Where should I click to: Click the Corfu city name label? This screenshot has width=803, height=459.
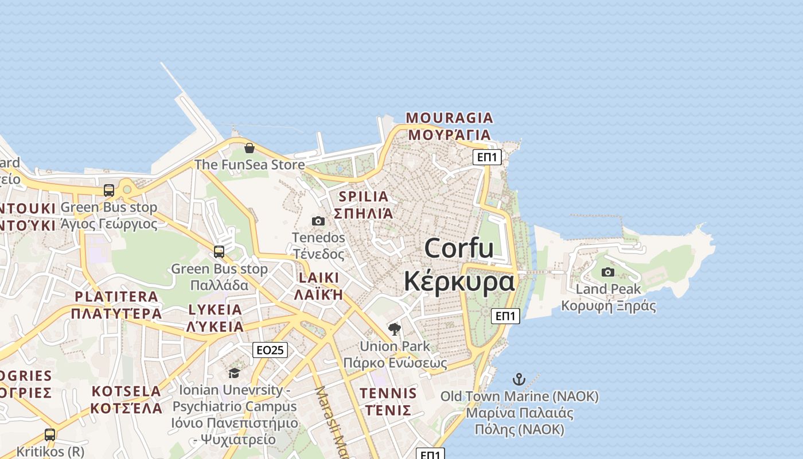point(459,248)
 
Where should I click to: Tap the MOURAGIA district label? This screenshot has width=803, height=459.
point(449,118)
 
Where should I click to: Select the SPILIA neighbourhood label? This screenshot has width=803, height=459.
point(364,196)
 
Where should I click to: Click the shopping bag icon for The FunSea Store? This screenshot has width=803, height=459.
point(250,148)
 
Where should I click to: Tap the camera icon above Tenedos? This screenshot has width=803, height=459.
point(318,221)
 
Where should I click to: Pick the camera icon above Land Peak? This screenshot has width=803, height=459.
point(608,272)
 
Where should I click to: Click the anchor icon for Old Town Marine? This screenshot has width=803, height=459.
point(519,379)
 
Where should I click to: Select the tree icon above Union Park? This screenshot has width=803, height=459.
point(394,329)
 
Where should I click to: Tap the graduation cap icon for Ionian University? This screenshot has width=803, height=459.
point(234,374)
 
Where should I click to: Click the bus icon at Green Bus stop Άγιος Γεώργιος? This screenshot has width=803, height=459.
point(108,190)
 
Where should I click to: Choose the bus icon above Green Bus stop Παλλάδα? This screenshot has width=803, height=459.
point(219,251)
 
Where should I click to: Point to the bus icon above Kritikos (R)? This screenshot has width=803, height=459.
point(50,434)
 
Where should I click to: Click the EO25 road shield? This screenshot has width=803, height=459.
point(270,349)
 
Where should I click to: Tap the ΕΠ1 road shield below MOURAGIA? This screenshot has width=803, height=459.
point(487,157)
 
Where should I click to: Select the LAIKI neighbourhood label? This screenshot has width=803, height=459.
point(318,278)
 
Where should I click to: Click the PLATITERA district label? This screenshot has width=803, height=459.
point(116,297)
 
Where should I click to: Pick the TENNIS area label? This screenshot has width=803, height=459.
point(388,394)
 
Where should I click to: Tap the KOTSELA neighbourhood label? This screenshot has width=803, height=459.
point(126,391)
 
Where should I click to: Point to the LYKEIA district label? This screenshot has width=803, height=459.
point(215,310)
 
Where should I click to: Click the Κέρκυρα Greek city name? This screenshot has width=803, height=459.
point(459,282)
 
